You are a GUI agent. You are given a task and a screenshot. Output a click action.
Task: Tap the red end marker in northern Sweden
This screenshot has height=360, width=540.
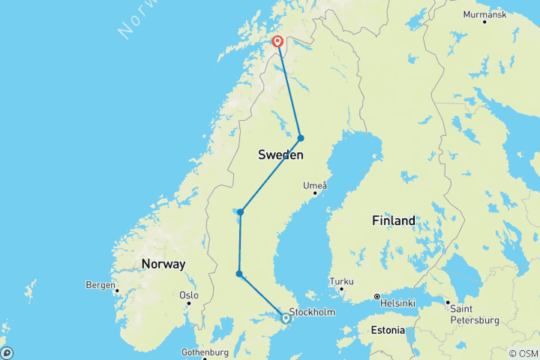tap(277, 42)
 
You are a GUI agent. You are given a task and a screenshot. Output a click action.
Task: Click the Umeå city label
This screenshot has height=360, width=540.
tap(313, 185)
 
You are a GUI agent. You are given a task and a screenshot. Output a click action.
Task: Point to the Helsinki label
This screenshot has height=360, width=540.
tap(399, 302)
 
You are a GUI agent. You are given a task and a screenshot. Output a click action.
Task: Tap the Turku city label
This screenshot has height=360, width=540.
tap(341, 281)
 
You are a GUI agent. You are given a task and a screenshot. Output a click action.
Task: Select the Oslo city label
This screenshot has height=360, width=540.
tap(188, 295)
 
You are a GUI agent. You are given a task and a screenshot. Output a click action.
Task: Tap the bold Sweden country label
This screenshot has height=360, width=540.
tap(280, 155)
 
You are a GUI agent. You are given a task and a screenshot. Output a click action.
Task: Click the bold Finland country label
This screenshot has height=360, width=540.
tap(393, 220)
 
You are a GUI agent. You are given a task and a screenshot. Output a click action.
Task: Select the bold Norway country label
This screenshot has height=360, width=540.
tap(163, 264)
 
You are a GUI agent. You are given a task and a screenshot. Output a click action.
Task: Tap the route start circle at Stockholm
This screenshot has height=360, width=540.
tap(286, 319)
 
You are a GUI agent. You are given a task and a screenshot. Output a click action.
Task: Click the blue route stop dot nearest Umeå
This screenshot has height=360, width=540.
tap(301, 138)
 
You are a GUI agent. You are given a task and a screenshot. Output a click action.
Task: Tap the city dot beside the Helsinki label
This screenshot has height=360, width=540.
tap(376, 296)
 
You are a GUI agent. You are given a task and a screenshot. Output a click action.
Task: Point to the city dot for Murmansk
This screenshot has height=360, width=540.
tap(484, 22)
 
